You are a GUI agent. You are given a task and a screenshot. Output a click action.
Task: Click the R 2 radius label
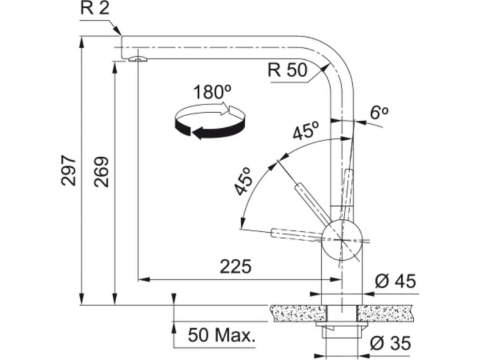tap(95, 9)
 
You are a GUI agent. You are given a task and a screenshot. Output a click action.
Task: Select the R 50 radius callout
tap(287, 70)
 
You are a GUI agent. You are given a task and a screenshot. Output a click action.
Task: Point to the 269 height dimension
tap(101, 172)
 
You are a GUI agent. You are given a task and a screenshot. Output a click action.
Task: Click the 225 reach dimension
tap(236, 266)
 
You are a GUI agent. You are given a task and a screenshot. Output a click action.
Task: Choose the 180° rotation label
tap(213, 92)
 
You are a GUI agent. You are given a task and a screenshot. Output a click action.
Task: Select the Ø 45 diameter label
tap(395, 281)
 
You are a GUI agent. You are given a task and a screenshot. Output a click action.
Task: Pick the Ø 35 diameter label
tap(390, 343)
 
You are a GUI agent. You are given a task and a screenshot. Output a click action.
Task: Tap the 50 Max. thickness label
tap(221, 335)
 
